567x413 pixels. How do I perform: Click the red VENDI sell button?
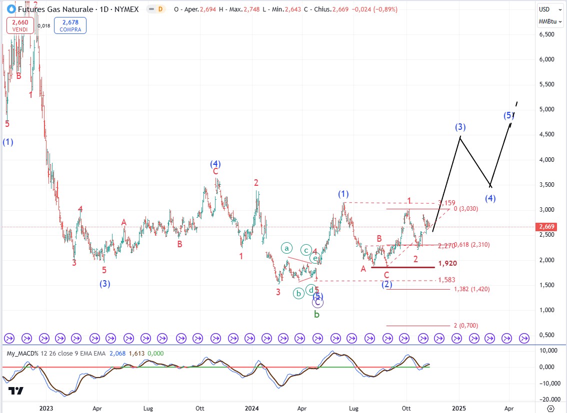pos(20,25)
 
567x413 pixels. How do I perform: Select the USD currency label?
pos(544,9)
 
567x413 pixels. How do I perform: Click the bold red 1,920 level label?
pos(447,263)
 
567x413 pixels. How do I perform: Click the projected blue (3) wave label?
pos(460,127)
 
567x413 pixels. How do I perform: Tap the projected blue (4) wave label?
pos(490,198)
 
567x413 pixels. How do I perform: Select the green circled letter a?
pos(286,248)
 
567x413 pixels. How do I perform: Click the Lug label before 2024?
pos(147,408)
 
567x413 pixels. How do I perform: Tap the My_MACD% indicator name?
pos(23,354)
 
